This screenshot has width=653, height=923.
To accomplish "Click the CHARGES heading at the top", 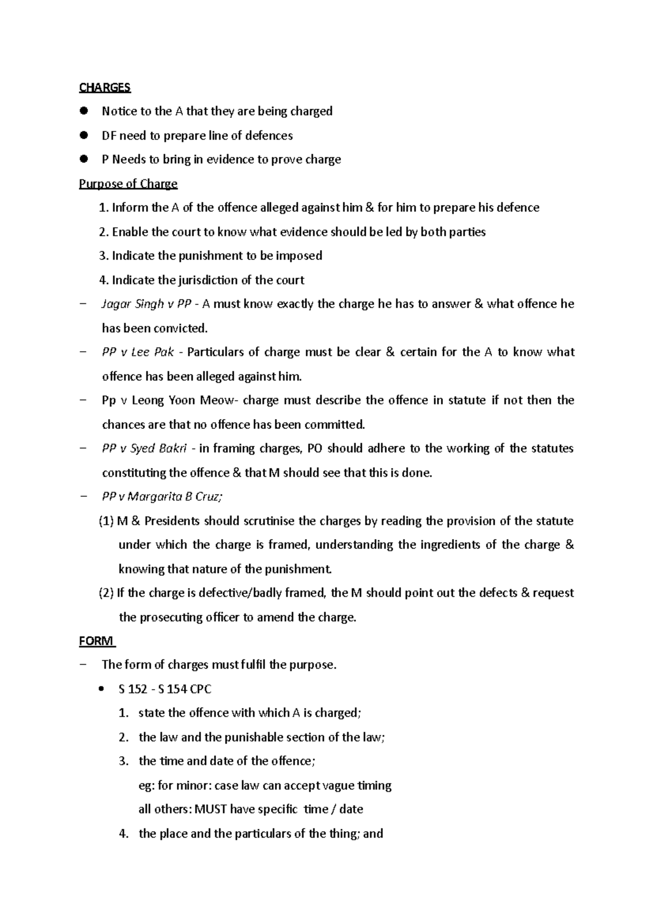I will click(104, 88).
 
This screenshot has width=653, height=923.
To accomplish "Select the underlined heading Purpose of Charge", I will click(128, 184).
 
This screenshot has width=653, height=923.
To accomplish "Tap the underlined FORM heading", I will click(96, 641).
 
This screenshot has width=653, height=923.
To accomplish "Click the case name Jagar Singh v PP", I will click(146, 304).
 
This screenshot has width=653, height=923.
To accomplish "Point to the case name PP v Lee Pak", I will click(138, 352).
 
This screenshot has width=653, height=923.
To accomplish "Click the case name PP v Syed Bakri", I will click(144, 449).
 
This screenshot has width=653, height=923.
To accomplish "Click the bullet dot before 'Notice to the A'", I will click(83, 111).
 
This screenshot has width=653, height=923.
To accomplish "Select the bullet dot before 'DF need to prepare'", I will click(83, 135).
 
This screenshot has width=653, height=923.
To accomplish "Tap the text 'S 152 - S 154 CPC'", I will click(165, 689).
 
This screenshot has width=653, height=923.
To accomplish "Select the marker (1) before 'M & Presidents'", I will click(106, 521).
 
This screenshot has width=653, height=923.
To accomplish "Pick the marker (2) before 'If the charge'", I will click(106, 593).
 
